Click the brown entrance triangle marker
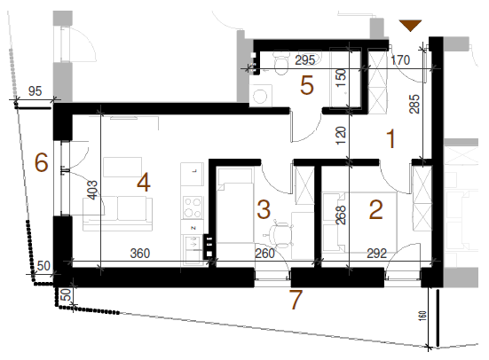tap(410, 25)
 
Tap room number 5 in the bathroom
tap(306, 85)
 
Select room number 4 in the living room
tap(144, 183)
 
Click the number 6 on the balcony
tap(41, 162)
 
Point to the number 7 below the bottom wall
tap(296, 300)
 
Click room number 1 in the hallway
tap(390, 138)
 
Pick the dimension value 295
tap(304, 60)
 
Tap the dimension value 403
tap(93, 190)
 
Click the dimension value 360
tap(140, 254)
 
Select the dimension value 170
tap(400, 60)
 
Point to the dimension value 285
tap(415, 104)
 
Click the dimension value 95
tap(35, 91)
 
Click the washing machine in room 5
tap(261, 96)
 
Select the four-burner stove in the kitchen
tap(192, 207)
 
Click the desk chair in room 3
tap(280, 233)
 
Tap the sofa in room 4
tap(117, 214)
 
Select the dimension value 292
tap(376, 254)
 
